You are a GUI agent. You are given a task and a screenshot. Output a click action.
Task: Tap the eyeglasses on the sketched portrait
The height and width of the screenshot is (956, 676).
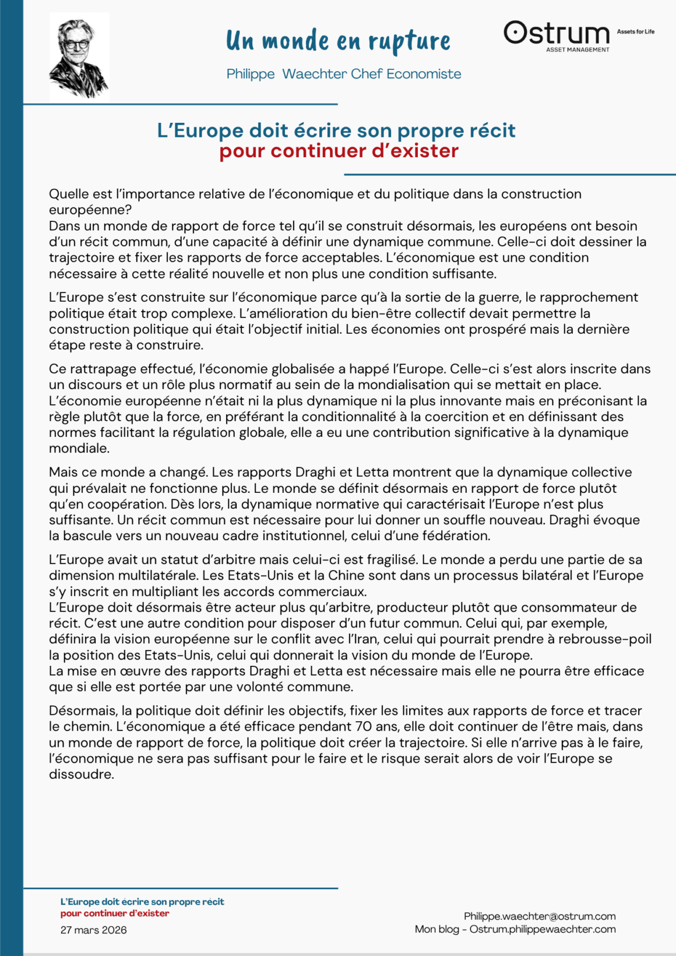pos(76,44)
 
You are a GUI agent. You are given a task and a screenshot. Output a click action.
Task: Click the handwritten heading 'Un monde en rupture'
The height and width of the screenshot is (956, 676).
pos(338,41)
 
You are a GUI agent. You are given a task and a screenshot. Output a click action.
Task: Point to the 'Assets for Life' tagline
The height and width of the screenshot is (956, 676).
pos(635,31)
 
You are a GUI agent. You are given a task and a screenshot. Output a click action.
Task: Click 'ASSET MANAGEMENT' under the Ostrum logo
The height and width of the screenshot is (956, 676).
pos(578,50)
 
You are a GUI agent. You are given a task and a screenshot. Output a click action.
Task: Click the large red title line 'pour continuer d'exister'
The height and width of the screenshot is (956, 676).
pos(339,151)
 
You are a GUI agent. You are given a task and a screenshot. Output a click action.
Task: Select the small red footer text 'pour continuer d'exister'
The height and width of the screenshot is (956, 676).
pos(115,913)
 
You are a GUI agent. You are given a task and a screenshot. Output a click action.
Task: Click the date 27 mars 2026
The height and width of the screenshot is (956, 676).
pos(93,930)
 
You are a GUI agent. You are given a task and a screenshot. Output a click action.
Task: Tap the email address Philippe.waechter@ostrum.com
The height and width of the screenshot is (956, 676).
pos(540,916)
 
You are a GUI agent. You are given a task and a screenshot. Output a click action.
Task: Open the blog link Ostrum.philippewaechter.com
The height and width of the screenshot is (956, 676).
pos(543,929)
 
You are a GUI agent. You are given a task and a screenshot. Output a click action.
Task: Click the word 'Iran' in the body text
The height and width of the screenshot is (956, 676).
pos(365,639)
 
